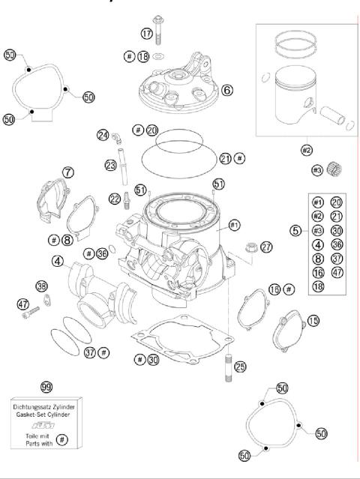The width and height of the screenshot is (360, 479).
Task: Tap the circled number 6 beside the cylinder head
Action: click(x=227, y=90)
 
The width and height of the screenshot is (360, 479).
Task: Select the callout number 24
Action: click(x=103, y=135)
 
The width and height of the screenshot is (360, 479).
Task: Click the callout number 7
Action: click(x=68, y=172)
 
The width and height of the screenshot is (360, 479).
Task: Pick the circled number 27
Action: click(x=267, y=247)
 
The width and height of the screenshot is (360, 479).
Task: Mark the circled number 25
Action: click(x=240, y=367)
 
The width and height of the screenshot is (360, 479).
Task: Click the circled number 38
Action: click(x=42, y=286)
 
